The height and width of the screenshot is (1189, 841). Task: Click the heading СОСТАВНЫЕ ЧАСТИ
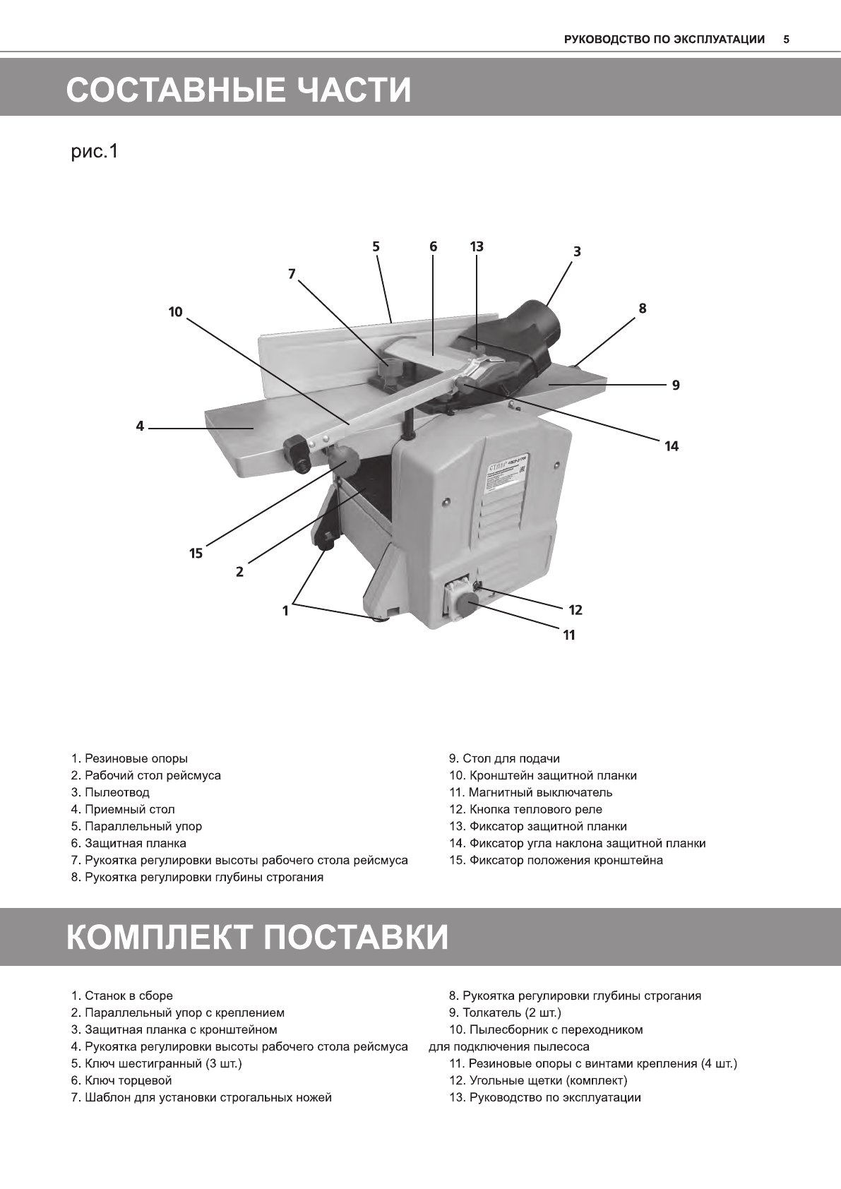tap(239, 90)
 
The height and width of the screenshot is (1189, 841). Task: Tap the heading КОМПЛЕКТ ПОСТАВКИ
tap(258, 937)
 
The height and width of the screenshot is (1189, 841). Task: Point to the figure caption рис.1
tap(94, 151)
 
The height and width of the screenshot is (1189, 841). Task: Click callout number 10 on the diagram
tap(175, 311)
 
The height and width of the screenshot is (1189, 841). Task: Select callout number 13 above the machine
tap(477, 246)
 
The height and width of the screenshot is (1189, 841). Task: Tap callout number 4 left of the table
tap(140, 426)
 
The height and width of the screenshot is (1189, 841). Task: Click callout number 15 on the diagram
tap(196, 554)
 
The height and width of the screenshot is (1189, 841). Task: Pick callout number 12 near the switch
tap(575, 609)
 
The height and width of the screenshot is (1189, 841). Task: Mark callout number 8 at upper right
tap(642, 308)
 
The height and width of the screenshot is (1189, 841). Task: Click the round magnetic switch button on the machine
tap(466, 605)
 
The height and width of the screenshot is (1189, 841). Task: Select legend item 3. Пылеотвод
tap(110, 792)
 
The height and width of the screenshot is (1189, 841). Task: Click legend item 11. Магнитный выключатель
tap(531, 792)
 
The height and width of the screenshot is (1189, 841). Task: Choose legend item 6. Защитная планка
tap(129, 843)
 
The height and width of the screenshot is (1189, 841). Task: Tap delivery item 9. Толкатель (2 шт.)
tap(506, 1012)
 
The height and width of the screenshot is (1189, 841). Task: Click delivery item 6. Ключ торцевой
tap(121, 1080)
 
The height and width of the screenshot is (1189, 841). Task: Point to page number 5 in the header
tap(787, 40)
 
